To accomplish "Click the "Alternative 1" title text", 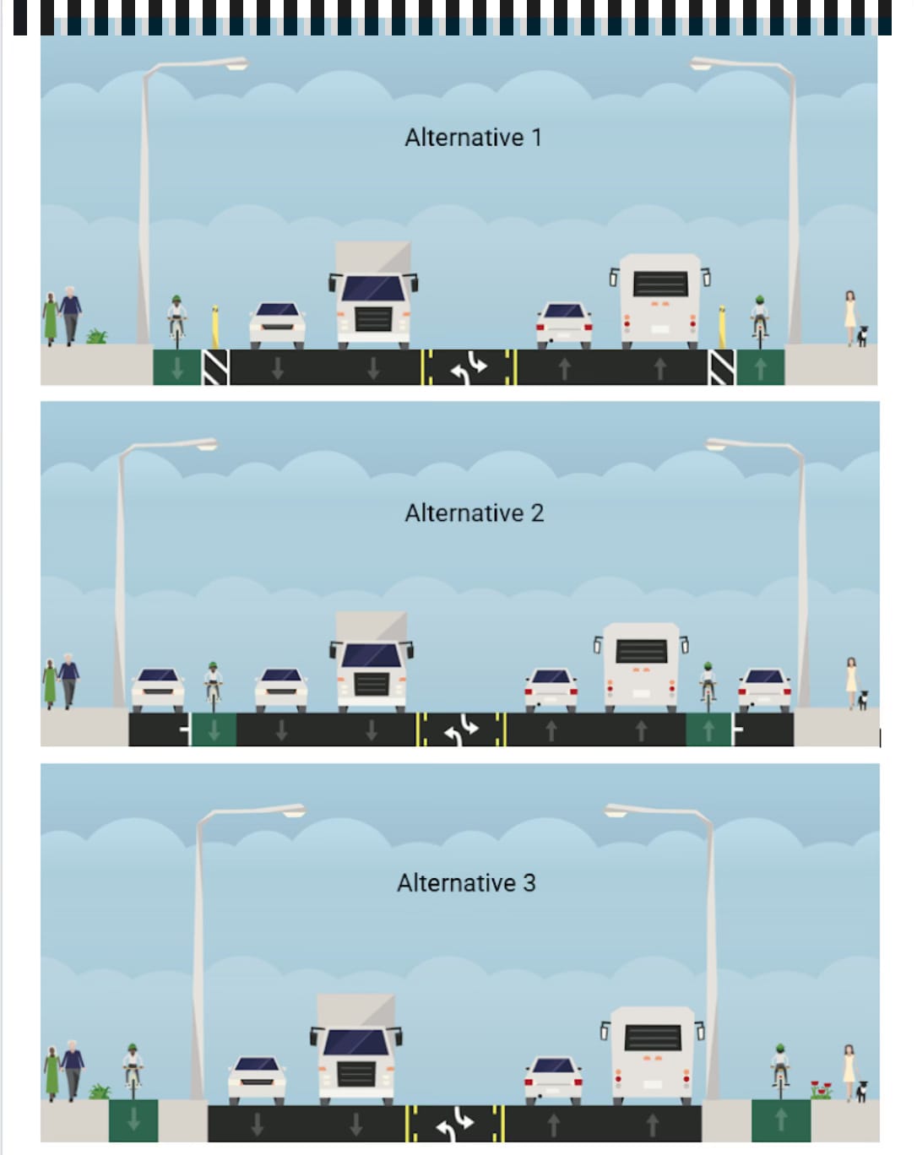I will click(x=473, y=138).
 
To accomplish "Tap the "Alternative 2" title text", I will click(x=474, y=513).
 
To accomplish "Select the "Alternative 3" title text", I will click(x=466, y=883).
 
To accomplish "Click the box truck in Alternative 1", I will click(x=373, y=296).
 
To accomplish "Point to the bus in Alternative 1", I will click(x=660, y=299).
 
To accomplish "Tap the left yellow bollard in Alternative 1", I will click(x=215, y=328).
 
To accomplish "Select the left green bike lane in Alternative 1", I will click(x=176, y=367).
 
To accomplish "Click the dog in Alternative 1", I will click(x=863, y=336).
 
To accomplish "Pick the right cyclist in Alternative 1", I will click(x=760, y=321).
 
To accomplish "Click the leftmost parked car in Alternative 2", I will click(x=158, y=689).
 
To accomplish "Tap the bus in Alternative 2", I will click(x=642, y=665).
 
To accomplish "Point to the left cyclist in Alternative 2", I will click(x=214, y=685).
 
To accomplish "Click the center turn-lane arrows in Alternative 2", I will click(x=462, y=730).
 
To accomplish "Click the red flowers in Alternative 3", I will click(x=821, y=1089).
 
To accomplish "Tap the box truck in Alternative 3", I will click(x=356, y=1051).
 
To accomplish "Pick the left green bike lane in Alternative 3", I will click(x=133, y=1120).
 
